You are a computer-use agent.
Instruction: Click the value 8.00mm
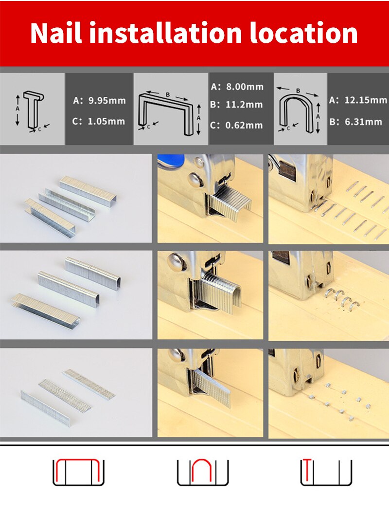point(244,87)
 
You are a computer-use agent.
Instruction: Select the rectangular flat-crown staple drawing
point(170,113)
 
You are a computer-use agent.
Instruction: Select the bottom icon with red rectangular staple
point(78,471)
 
